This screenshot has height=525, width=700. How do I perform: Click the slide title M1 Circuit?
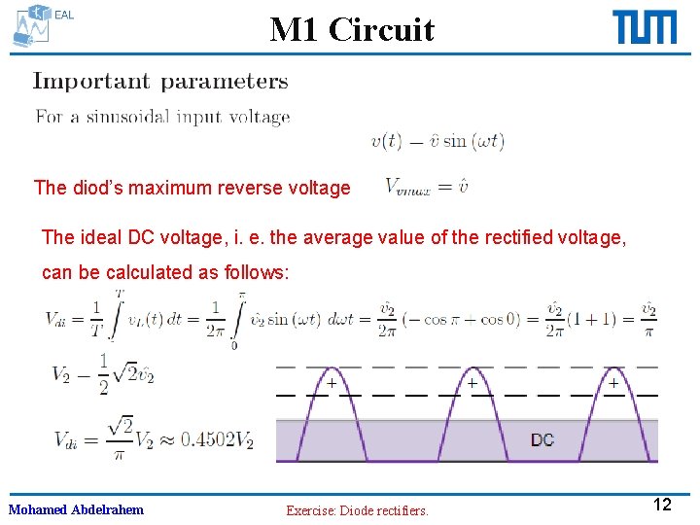[x=352, y=29]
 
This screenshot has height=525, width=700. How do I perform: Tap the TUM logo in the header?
[x=644, y=27]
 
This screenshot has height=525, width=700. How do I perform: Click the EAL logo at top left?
[x=39, y=25]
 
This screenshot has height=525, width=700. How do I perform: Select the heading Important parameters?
[x=160, y=82]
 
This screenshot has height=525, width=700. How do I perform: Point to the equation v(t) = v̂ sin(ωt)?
[x=437, y=141]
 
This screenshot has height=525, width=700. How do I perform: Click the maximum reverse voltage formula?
[x=427, y=186]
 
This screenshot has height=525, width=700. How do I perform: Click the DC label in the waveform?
[x=542, y=439]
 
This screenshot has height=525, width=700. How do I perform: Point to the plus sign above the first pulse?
[x=332, y=384]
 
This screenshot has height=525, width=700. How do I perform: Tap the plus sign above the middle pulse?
[x=472, y=384]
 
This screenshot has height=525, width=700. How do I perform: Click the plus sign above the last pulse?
[x=612, y=384]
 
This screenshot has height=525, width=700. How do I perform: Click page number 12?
[x=662, y=505]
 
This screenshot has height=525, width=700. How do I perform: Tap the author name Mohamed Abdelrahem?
[x=76, y=509]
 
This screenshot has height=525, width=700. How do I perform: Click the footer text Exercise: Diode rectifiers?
[x=357, y=510]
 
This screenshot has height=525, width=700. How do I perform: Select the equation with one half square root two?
[x=103, y=373]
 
